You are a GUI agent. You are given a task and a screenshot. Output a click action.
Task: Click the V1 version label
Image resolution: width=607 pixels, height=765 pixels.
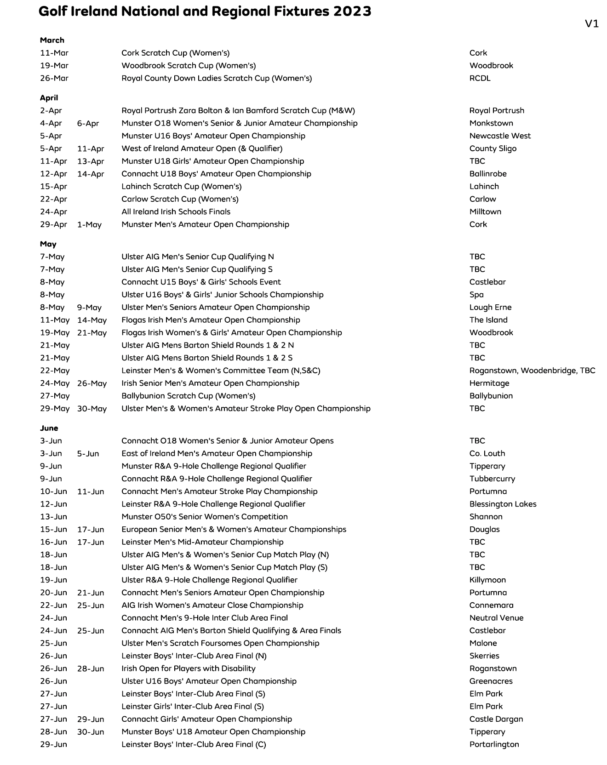point(592,23)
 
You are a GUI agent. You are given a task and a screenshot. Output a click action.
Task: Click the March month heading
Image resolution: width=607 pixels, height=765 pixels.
point(52,40)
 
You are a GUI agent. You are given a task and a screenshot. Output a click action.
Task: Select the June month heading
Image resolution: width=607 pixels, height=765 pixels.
point(49,428)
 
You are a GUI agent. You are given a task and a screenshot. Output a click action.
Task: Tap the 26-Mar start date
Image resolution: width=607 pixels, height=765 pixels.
point(54,78)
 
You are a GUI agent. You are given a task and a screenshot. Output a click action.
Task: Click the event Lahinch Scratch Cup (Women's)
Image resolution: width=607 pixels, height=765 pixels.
point(181,187)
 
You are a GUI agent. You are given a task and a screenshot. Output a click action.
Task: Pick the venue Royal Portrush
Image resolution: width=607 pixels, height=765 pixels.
point(497,110)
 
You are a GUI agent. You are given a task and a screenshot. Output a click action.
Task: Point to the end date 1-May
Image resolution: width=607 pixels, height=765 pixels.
point(89,225)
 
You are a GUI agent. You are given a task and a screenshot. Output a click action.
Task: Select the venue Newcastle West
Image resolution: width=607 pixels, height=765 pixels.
point(500,136)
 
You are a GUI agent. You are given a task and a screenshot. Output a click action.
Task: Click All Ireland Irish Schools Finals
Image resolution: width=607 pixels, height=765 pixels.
point(176,212)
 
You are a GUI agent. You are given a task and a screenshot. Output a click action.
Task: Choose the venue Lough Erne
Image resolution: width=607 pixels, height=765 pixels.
point(490,308)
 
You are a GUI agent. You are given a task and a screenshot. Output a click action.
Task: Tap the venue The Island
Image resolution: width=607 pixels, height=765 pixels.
point(488,320)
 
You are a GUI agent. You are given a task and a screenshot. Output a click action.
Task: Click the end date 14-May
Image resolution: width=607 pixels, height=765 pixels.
point(92,320)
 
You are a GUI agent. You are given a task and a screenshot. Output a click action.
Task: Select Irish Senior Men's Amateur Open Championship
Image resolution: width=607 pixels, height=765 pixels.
point(210,383)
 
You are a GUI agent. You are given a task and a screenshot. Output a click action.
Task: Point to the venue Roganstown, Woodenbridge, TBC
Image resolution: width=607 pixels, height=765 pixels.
point(532,371)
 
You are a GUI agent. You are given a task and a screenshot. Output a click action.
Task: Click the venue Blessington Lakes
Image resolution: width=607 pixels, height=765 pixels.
point(503,504)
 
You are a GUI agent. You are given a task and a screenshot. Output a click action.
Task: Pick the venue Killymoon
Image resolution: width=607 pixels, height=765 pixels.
point(487,580)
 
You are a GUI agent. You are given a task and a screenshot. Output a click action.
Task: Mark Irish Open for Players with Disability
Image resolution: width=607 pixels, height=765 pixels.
point(188,668)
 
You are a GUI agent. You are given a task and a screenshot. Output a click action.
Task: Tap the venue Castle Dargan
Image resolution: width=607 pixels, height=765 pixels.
point(496,719)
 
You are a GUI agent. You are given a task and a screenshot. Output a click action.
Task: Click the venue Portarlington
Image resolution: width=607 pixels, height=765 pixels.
point(494,744)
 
